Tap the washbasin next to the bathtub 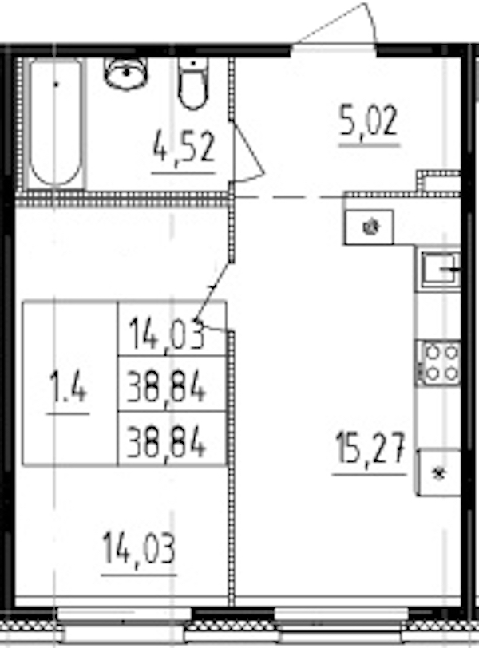pyautogui.click(x=126, y=73)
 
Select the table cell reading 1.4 pyautogui.click(x=69, y=391)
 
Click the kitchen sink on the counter pyautogui.click(x=438, y=269)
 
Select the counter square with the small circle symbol pyautogui.click(x=369, y=227)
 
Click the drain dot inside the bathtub pyautogui.click(x=56, y=82)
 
